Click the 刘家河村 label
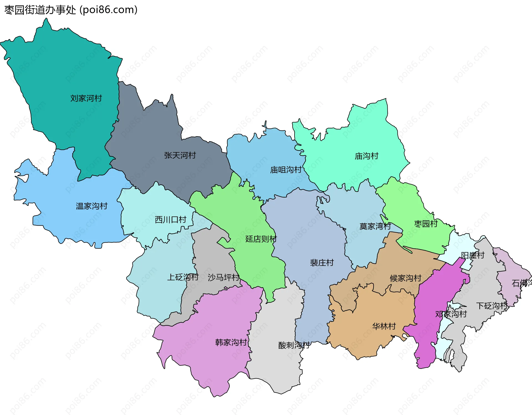86,98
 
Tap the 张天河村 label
180,155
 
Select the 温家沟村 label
91,206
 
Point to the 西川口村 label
170,220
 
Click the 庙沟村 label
366,156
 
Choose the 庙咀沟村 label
286,170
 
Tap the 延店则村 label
261,239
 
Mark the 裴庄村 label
322,263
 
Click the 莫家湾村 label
375,226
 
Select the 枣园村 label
426,224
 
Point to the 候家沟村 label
405,278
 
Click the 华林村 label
384,326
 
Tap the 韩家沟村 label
231,342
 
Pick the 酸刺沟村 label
294,345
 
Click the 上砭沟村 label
183,277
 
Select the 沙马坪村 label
223,277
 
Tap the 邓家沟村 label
451,314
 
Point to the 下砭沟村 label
492,306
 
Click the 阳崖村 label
472,255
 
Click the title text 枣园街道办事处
40,10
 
